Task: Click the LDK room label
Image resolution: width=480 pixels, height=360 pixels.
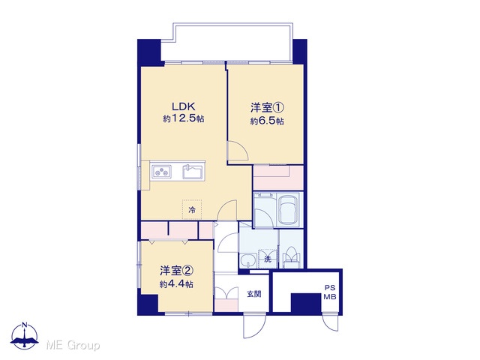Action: tap(183, 106)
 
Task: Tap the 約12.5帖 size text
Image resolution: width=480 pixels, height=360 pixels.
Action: tap(184, 118)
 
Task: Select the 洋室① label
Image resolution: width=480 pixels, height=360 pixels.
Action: tap(268, 108)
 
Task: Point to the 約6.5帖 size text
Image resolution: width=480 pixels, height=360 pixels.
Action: tap(267, 121)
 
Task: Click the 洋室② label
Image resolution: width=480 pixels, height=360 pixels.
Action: tap(176, 271)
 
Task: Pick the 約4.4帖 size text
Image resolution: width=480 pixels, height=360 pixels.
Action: tap(176, 284)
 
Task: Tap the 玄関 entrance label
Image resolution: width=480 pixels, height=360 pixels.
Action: tap(254, 294)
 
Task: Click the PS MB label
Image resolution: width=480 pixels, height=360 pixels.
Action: tap(330, 292)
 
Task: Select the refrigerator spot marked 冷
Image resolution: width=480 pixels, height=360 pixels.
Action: tap(192, 210)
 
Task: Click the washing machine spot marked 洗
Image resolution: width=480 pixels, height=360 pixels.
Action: tap(268, 259)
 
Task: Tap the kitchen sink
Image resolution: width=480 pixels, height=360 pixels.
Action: tap(193, 172)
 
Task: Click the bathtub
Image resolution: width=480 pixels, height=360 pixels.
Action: tap(288, 210)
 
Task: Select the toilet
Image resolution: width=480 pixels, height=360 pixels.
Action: tap(291, 256)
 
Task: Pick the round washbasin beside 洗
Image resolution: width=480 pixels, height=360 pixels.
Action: tap(247, 261)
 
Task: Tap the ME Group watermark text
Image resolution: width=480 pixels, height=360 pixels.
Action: tap(73, 345)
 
